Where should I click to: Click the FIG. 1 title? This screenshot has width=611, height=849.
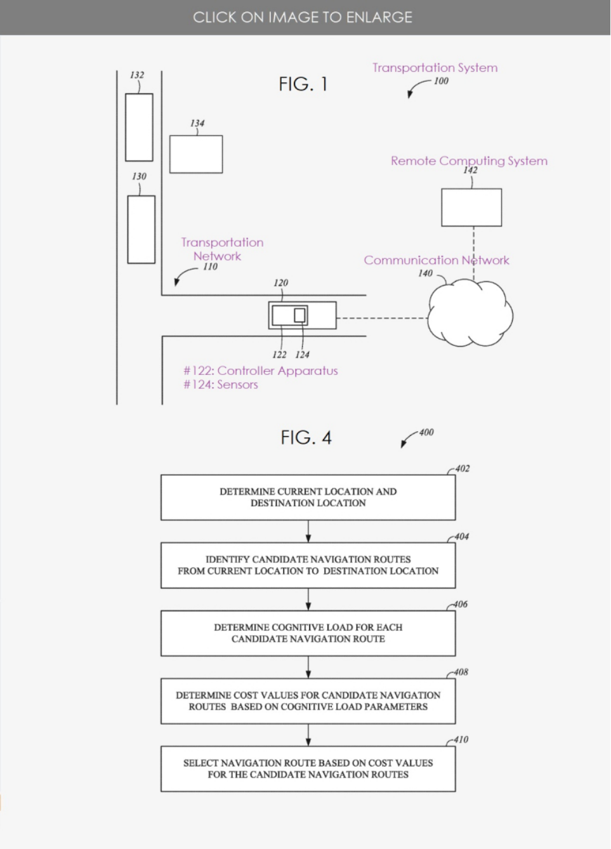(x=303, y=84)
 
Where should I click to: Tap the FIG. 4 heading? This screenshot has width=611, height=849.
(x=306, y=437)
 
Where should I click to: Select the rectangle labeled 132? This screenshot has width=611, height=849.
(x=139, y=128)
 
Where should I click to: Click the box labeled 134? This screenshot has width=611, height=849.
(x=196, y=154)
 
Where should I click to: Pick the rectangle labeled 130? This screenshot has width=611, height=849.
(x=141, y=229)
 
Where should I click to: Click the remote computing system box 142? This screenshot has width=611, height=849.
(x=471, y=207)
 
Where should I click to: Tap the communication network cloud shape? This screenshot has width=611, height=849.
(x=470, y=313)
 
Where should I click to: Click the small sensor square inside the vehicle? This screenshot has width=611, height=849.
(x=299, y=315)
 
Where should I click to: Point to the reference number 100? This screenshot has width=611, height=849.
(x=441, y=81)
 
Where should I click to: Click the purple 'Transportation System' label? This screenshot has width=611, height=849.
(x=435, y=68)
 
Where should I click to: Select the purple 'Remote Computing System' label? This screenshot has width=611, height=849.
(x=470, y=161)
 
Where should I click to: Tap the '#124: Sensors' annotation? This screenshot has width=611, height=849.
(x=221, y=385)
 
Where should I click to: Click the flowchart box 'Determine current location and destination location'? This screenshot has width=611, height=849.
(x=308, y=497)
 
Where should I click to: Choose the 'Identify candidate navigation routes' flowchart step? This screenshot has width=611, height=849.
(x=308, y=565)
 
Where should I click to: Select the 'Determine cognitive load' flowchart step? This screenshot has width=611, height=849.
(x=308, y=633)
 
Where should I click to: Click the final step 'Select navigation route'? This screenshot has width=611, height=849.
(x=308, y=768)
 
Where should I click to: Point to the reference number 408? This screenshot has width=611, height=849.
(x=461, y=672)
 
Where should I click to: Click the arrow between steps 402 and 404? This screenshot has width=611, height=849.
(x=308, y=531)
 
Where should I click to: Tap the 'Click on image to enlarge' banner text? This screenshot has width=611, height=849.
(x=303, y=17)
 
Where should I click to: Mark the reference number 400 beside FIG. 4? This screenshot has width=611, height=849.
(x=426, y=433)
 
